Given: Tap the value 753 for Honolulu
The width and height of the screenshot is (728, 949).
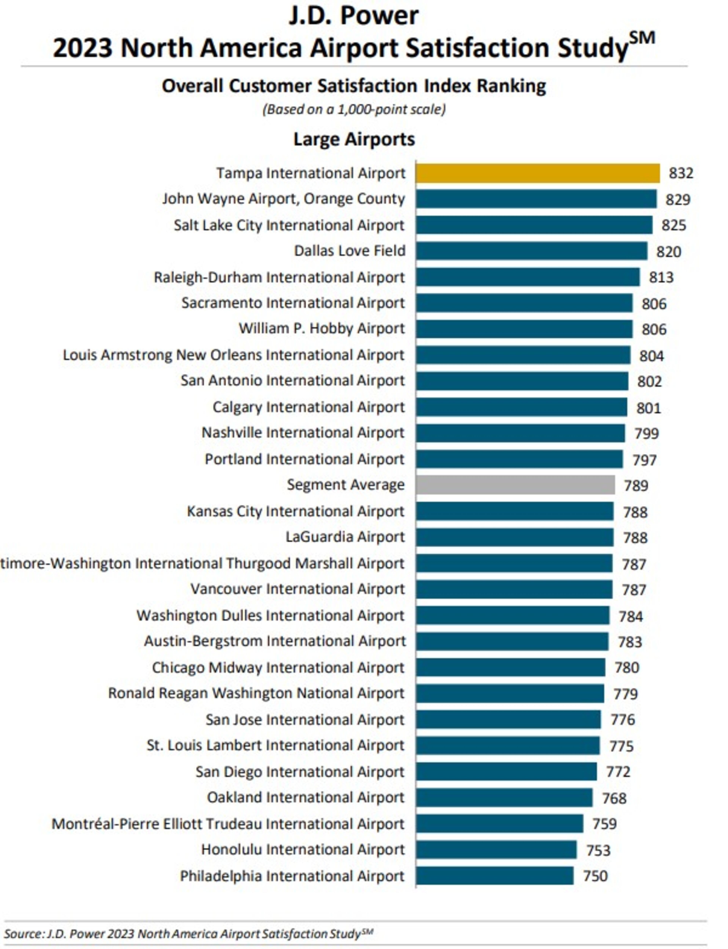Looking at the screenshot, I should (598, 850).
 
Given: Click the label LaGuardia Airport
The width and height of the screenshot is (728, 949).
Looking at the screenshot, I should (345, 537).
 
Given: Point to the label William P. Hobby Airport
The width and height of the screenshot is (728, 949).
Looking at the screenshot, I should (322, 329).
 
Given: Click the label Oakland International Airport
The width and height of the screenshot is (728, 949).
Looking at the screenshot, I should (305, 797).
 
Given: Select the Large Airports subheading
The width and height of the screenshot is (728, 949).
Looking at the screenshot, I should (354, 139).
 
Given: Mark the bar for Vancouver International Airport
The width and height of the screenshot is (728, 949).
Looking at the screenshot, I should (514, 589).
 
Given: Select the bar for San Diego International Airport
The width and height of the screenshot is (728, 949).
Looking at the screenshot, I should (506, 772).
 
